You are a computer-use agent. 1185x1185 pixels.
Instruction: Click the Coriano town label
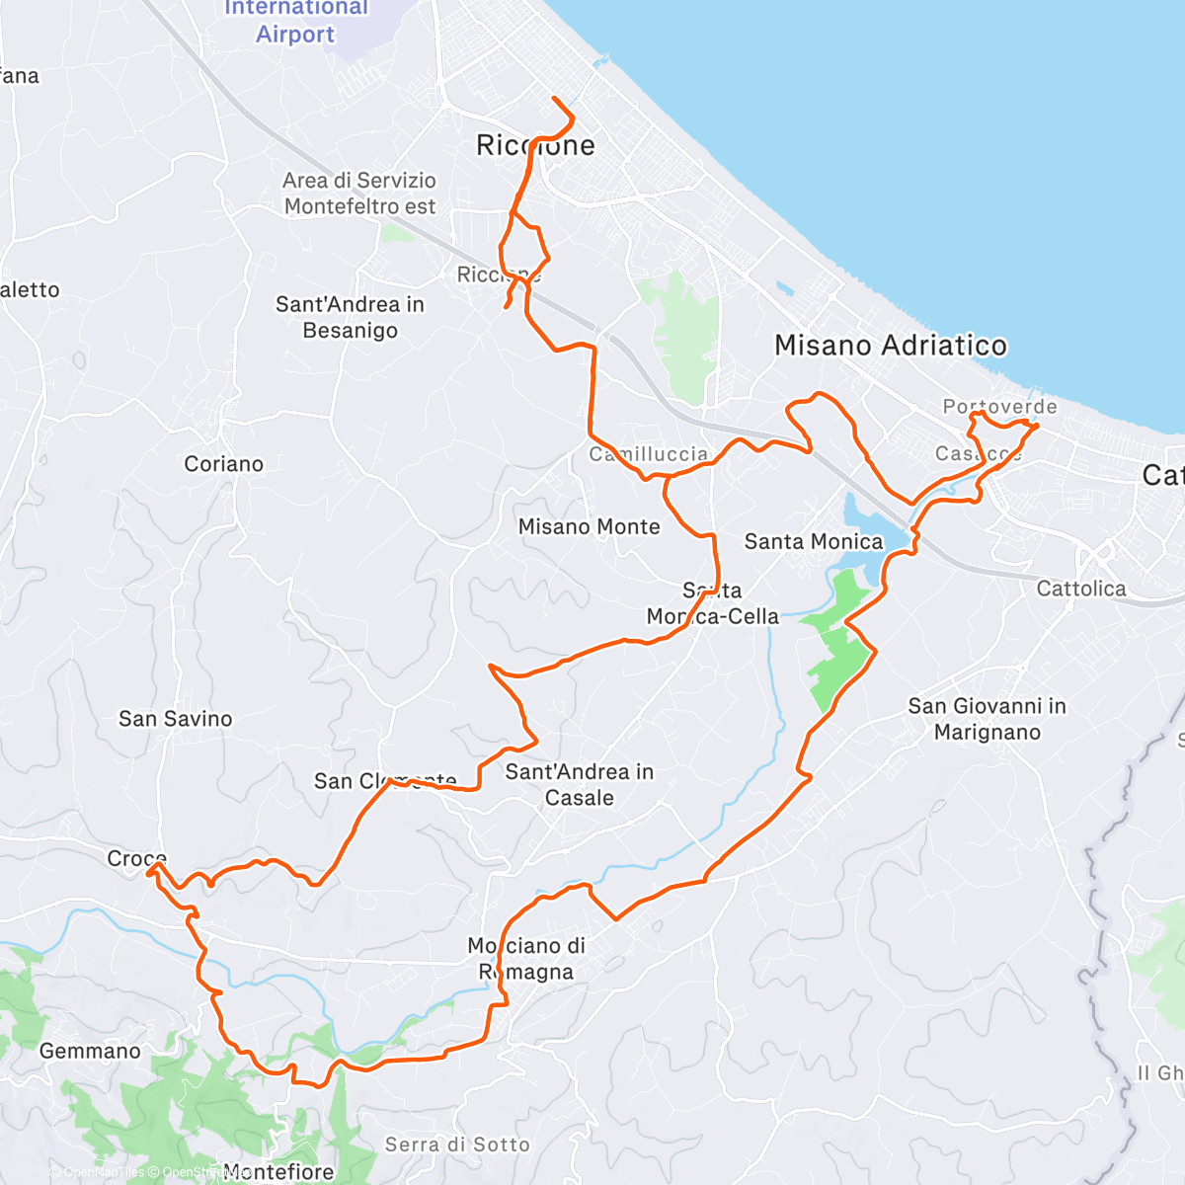pos(223,464)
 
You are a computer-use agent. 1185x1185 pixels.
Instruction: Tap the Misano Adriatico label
pos(890,346)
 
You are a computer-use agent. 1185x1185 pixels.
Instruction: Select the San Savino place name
pos(175,719)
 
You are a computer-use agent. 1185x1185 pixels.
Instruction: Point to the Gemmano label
pos(90,1052)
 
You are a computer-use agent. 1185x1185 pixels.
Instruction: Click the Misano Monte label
pos(589,527)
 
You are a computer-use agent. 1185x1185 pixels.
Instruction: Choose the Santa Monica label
pos(813,541)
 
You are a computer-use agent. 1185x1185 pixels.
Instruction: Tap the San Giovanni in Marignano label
pos(987,719)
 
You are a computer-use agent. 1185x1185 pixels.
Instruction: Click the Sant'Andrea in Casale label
pos(579,785)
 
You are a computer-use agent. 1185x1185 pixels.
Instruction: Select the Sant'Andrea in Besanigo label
pos(350,317)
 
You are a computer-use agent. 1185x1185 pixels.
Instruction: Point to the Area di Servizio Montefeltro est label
pos(359,194)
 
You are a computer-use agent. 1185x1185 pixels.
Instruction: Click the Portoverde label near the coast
pos(999,407)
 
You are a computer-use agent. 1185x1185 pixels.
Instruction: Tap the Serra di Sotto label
pos(457,1145)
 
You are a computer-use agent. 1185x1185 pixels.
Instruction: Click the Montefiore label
pos(278,1172)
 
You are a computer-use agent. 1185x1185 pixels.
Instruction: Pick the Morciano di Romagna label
pos(526,959)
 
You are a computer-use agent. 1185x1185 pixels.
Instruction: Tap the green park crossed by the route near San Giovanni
pos(837,642)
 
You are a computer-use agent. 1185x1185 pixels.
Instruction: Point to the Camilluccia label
pos(649,454)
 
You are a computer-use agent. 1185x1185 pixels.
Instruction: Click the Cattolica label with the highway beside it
pos(1080,589)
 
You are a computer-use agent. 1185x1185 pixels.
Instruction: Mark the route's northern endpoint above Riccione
pos(553,99)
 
